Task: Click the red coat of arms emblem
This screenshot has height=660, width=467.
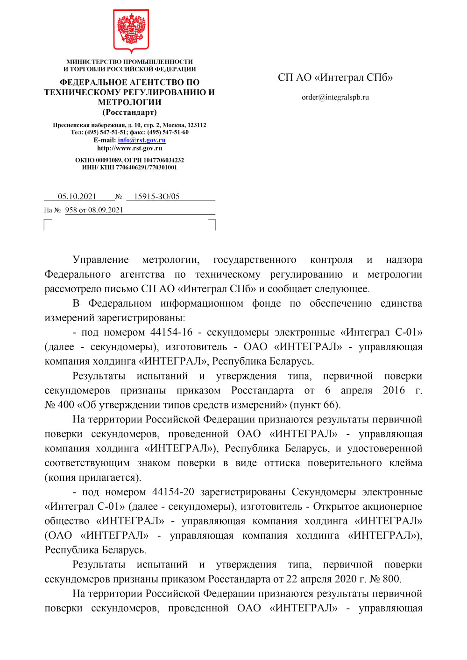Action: [x=131, y=30]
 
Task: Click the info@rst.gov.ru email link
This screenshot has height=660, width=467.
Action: [x=142, y=140]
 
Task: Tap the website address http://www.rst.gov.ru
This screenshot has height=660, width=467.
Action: [x=130, y=148]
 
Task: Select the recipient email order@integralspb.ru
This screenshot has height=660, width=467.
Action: [x=335, y=98]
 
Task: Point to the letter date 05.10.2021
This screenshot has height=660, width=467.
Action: [x=77, y=197]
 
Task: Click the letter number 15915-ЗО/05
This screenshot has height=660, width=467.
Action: [x=156, y=197]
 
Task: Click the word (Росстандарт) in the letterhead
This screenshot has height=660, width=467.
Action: [x=130, y=112]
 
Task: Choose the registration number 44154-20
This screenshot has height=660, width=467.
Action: [x=173, y=492]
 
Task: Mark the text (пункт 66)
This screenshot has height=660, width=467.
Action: [x=315, y=405]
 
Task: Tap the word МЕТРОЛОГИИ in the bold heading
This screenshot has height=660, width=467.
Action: [x=130, y=102]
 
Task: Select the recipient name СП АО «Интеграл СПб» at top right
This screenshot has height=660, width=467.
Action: [x=335, y=77]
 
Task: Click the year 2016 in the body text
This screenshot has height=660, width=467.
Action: [x=394, y=390]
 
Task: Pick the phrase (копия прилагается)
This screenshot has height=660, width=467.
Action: [x=93, y=477]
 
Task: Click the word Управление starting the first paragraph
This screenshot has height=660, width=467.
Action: [x=101, y=260]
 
